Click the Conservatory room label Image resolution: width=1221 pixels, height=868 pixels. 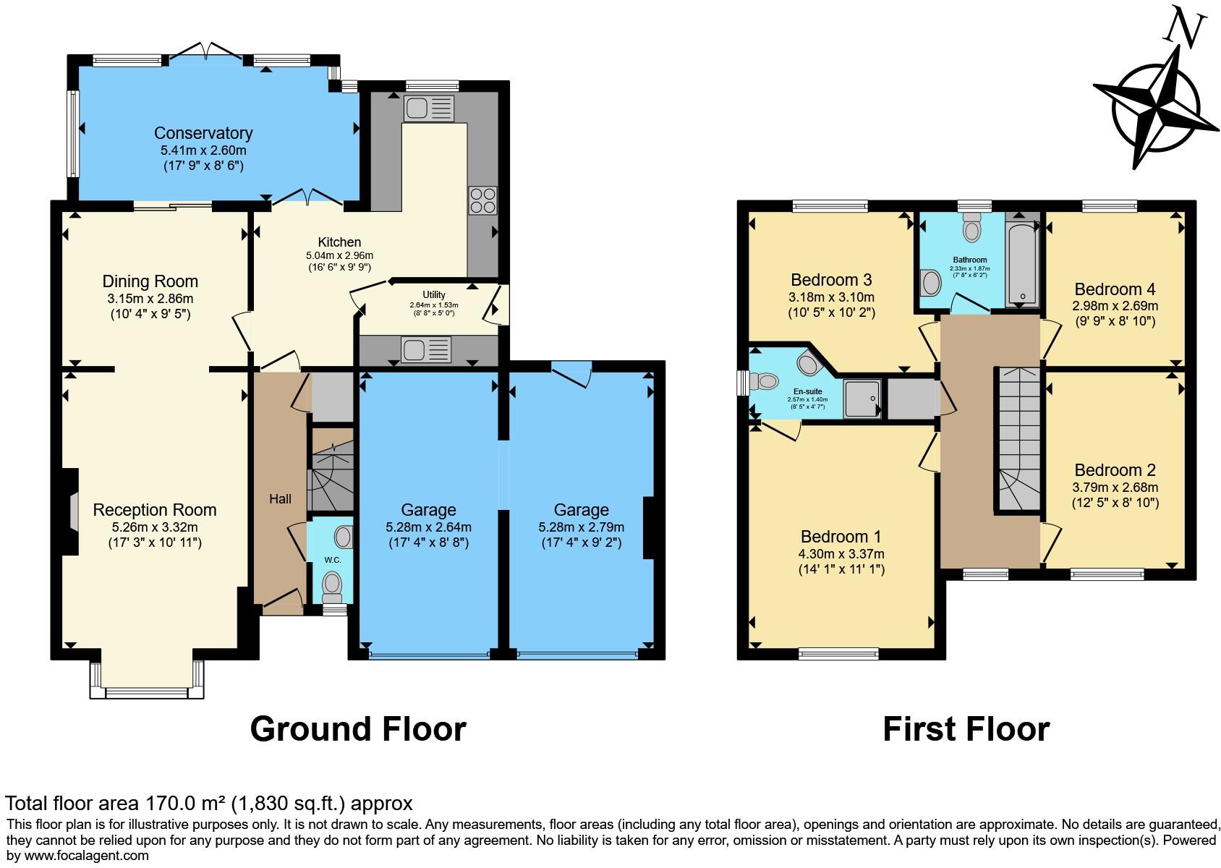pos(203,133)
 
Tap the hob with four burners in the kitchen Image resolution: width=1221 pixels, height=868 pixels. pos(482,200)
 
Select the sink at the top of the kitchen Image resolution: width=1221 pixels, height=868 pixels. pos(430,109)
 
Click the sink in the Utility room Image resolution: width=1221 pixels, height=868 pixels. pos(427,350)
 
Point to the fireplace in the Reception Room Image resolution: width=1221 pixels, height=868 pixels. pos(72,511)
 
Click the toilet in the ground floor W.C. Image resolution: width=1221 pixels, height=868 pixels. pos(332,587)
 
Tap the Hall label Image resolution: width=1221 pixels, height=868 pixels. pos(280,499)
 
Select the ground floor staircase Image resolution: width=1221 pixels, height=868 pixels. pos(332,470)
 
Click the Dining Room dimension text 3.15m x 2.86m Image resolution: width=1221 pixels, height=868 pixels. pos(150,298)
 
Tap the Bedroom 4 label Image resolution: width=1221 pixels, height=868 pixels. pos(1115,289)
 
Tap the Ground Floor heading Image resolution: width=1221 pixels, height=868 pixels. pos(358,729)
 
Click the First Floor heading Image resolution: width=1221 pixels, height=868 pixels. pos(966,729)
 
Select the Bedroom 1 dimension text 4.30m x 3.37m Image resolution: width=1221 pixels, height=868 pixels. pos(841,554)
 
